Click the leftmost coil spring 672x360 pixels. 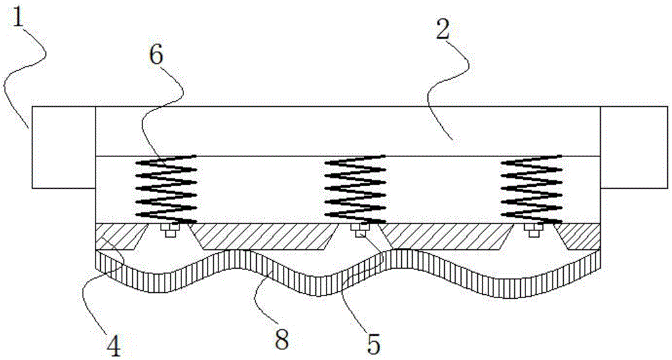coord(166,189)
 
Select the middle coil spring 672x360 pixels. coord(355,189)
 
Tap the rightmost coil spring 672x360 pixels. coord(532,189)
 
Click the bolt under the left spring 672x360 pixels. coord(170,230)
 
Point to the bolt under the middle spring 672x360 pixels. coord(360,230)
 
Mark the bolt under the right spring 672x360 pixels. coord(533,230)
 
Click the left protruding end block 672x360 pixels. coord(63,147)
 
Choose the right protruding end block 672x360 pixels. coord(634,147)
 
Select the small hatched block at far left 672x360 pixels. coord(120,236)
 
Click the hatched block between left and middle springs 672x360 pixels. coord(265,236)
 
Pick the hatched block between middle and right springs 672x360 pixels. coord(446,236)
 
